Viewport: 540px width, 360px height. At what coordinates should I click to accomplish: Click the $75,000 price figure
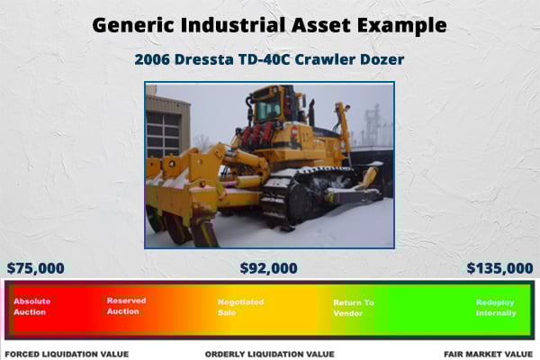pyautogui.click(x=35, y=268)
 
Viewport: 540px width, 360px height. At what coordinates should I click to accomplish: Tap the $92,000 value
pyautogui.click(x=268, y=268)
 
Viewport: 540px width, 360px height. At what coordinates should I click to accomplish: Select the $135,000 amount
pyautogui.click(x=499, y=268)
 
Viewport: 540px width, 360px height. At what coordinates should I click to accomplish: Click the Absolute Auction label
pyautogui.click(x=32, y=306)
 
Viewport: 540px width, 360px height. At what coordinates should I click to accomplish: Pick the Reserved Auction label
pyautogui.click(x=126, y=306)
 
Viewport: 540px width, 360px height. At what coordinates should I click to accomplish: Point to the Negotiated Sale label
pyautogui.click(x=240, y=307)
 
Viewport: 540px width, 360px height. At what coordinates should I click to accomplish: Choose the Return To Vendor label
pyautogui.click(x=354, y=308)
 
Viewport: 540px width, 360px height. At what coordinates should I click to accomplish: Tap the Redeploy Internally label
pyautogui.click(x=496, y=307)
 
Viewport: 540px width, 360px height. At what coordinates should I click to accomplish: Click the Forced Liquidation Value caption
pyautogui.click(x=67, y=354)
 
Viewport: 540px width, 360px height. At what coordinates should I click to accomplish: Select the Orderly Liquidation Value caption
pyautogui.click(x=270, y=354)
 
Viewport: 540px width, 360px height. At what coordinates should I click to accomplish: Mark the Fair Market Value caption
pyautogui.click(x=489, y=354)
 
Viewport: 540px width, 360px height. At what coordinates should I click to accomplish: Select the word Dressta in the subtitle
pyautogui.click(x=204, y=59)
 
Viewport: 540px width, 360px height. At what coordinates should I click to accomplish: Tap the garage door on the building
pyautogui.click(x=163, y=134)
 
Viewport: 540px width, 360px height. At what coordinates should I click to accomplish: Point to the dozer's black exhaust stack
pyautogui.click(x=311, y=112)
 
